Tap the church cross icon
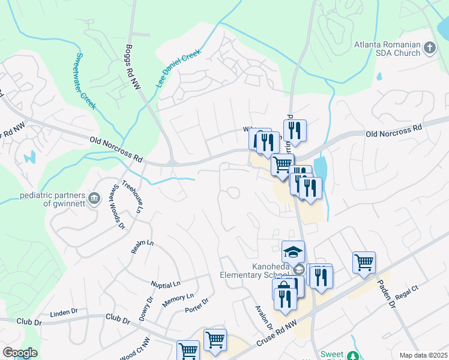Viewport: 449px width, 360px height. click(429, 47)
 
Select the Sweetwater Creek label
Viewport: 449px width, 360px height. click(85, 80)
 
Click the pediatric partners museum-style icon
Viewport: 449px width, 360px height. click(94, 199)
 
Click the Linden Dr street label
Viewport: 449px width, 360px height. click(64, 313)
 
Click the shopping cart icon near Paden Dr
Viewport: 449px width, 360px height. click(364, 262)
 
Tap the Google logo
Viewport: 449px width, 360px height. click(20, 353)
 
